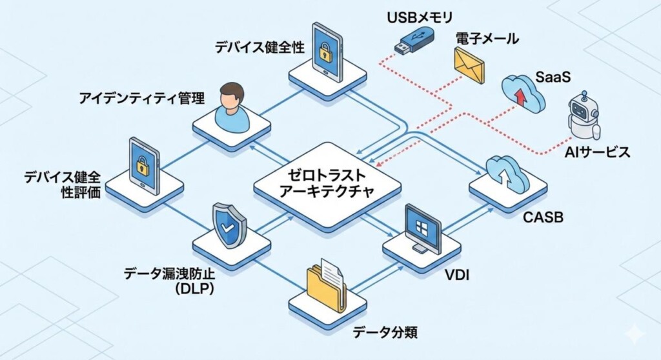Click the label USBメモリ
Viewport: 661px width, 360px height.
[x=420, y=15]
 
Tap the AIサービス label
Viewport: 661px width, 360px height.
[x=595, y=153]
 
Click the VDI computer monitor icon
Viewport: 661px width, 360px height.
[x=422, y=229]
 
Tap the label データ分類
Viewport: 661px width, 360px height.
[x=385, y=333]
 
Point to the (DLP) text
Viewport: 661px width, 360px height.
[x=194, y=290]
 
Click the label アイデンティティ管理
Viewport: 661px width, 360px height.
[x=141, y=99]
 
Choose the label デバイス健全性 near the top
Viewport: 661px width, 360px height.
[x=260, y=47]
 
